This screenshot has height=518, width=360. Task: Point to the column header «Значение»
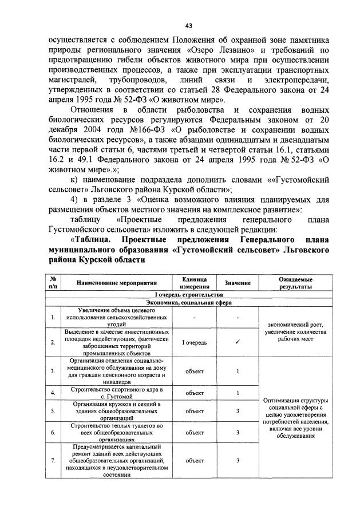click(x=238, y=283)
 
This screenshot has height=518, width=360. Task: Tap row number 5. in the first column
click(x=53, y=410)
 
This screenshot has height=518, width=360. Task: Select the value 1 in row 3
click(x=238, y=371)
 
